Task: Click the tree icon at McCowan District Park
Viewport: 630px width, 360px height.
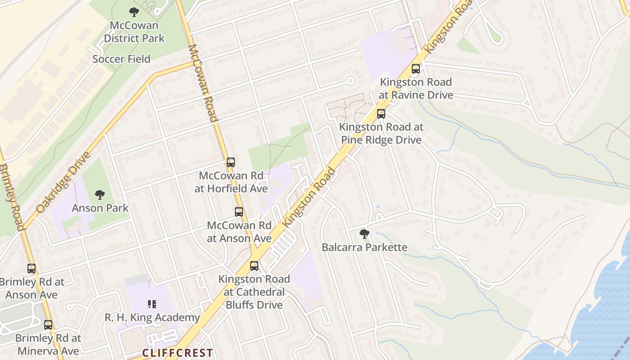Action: pyautogui.click(x=134, y=12)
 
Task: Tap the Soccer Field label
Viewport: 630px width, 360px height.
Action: pyautogui.click(x=121, y=59)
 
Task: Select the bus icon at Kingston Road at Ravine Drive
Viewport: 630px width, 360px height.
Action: pyautogui.click(x=416, y=69)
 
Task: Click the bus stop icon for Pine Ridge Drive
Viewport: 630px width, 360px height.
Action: pyautogui.click(x=381, y=113)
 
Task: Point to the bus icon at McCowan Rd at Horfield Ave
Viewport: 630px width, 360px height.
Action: pyautogui.click(x=231, y=162)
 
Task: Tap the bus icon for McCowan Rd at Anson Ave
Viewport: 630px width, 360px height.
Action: pyautogui.click(x=239, y=211)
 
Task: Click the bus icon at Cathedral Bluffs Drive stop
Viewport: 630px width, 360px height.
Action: pyautogui.click(x=254, y=265)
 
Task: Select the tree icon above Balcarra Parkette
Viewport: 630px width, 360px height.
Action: pyautogui.click(x=364, y=234)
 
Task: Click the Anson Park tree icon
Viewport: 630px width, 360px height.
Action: pyautogui.click(x=100, y=195)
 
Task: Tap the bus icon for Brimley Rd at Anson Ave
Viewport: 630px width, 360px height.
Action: pyautogui.click(x=31, y=269)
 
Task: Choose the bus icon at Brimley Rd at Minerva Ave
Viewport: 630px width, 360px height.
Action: pyautogui.click(x=48, y=324)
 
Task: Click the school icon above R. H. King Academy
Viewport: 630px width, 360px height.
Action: pyautogui.click(x=152, y=304)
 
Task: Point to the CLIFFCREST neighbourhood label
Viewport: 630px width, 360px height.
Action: pyautogui.click(x=177, y=353)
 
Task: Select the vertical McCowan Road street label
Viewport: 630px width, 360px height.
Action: pyautogui.click(x=202, y=83)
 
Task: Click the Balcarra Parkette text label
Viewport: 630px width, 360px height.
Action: pyautogui.click(x=364, y=247)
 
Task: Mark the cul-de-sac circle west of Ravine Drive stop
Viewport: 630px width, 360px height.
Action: pyautogui.click(x=350, y=81)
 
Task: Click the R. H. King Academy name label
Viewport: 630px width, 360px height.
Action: pyautogui.click(x=152, y=318)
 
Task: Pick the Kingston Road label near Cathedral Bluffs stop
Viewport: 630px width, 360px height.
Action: pyautogui.click(x=310, y=197)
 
